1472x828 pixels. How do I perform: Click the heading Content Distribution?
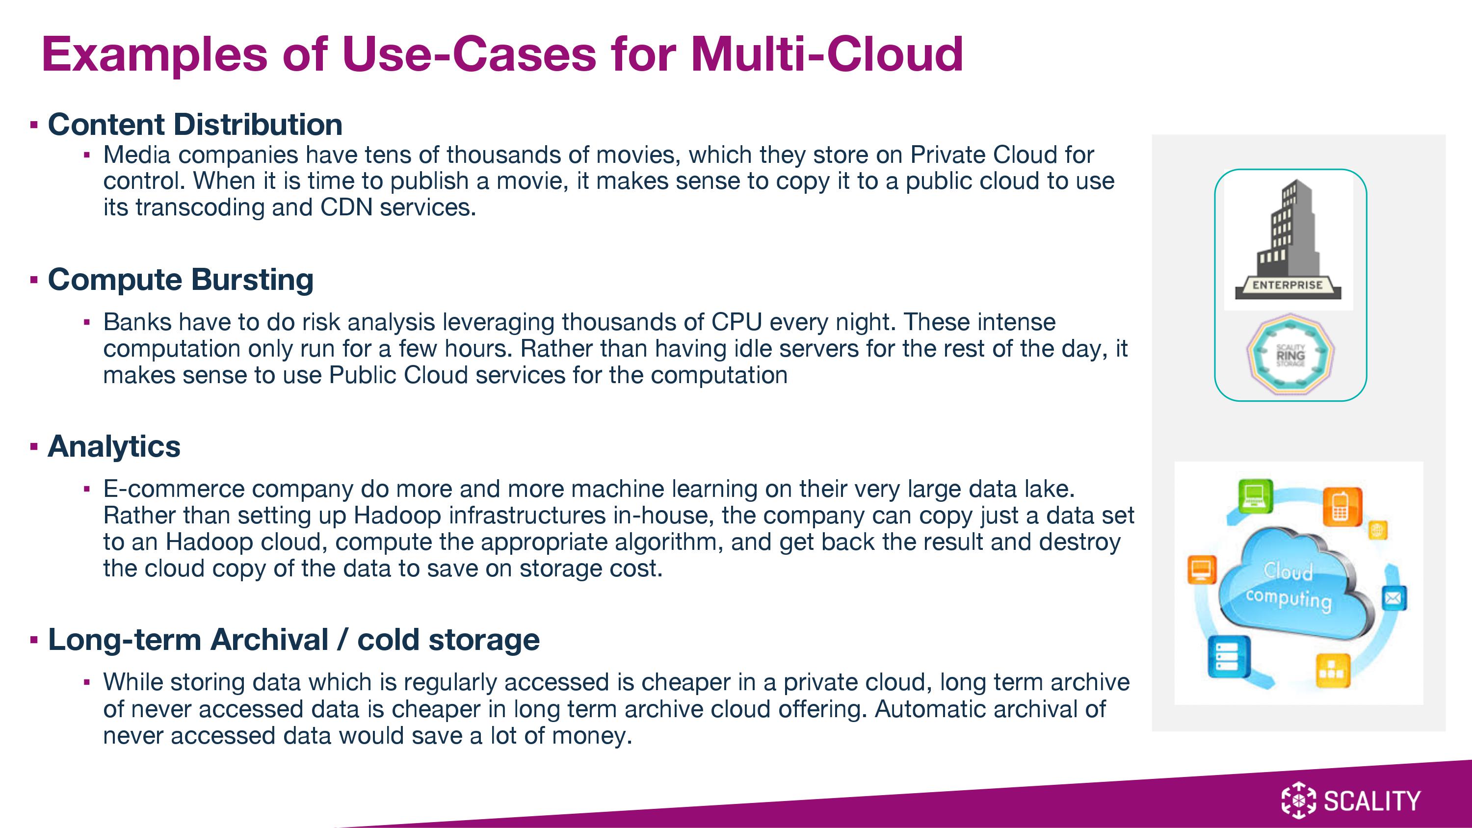[x=195, y=125]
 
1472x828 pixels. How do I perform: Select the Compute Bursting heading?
[x=181, y=280]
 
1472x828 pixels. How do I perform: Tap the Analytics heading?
[x=114, y=446]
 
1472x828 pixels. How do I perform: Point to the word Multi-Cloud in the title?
[x=827, y=54]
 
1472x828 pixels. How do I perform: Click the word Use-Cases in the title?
[x=469, y=54]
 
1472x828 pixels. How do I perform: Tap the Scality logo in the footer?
[x=1351, y=800]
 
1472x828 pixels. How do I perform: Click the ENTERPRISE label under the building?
[x=1288, y=285]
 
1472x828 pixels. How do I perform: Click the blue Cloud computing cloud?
[x=1296, y=586]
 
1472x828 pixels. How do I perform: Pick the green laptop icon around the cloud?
[x=1255, y=496]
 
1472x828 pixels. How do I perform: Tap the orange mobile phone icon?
[x=1341, y=506]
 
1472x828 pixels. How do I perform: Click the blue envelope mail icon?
[x=1394, y=598]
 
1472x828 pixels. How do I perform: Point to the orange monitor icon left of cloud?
[x=1202, y=569]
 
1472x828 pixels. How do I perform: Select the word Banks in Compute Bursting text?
[x=137, y=322]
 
